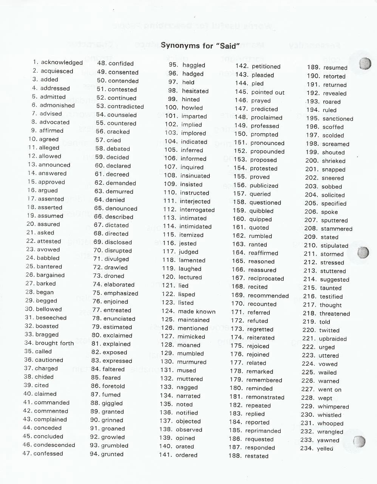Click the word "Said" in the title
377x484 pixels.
(x=228, y=46)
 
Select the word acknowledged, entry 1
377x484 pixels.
(x=62, y=62)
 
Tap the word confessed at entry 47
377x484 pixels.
(x=48, y=453)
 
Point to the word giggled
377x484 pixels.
(x=112, y=403)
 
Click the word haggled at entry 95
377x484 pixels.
(x=194, y=65)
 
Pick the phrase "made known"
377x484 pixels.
(x=197, y=312)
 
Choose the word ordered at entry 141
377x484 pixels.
(x=186, y=455)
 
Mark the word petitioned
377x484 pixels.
(x=266, y=67)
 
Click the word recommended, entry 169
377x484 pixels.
(x=268, y=296)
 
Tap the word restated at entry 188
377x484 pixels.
(x=257, y=456)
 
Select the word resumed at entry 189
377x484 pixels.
(x=335, y=68)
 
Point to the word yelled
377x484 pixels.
(x=325, y=449)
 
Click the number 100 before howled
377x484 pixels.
(x=172, y=108)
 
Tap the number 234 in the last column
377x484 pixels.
(x=307, y=448)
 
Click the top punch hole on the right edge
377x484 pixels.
(x=365, y=64)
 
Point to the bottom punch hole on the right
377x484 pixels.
(x=360, y=441)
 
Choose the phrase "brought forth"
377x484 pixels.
(x=54, y=343)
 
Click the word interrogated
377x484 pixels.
(x=197, y=210)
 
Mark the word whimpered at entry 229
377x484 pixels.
(x=333, y=406)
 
